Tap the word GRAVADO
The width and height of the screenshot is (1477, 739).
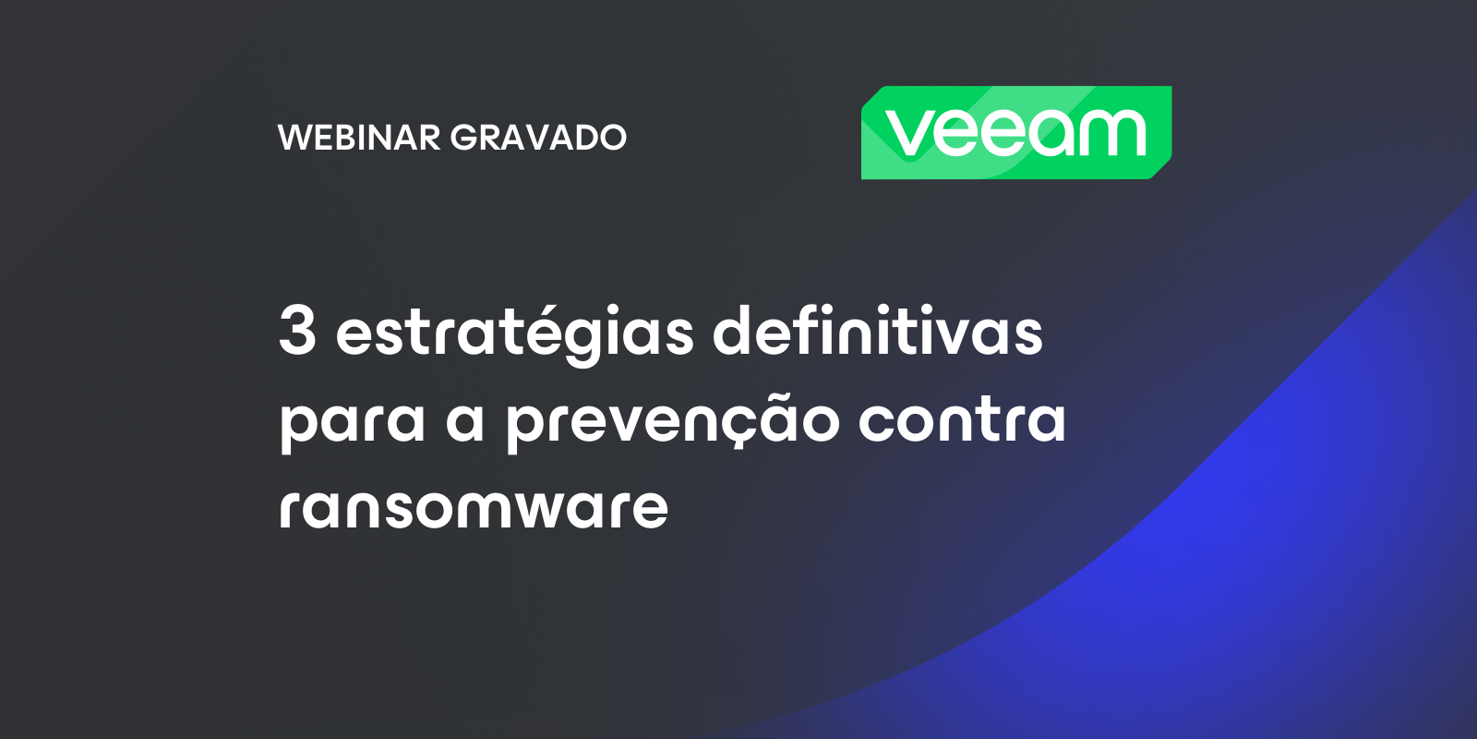click(x=538, y=138)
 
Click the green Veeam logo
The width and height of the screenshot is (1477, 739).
click(x=1016, y=133)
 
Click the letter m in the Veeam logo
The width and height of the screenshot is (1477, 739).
click(x=1113, y=133)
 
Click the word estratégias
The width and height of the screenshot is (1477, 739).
click(x=514, y=333)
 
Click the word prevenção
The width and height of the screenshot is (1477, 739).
click(x=673, y=420)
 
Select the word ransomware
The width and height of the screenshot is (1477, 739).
click(x=474, y=507)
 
